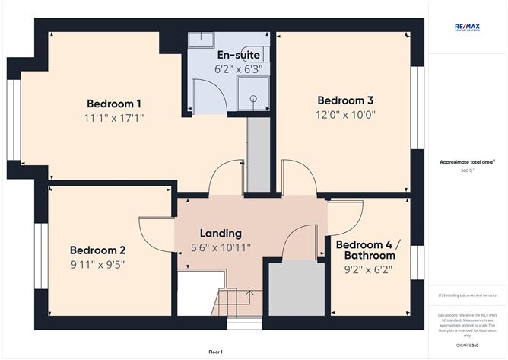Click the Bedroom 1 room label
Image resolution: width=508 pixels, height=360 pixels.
point(114,104)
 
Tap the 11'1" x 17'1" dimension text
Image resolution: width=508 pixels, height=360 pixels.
point(114,118)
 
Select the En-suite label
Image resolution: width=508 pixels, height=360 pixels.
point(238,56)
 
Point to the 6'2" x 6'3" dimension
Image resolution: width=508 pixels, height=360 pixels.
point(238,68)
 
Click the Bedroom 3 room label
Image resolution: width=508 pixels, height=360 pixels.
point(345,100)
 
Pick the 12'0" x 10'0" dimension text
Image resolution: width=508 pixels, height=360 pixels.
point(345,115)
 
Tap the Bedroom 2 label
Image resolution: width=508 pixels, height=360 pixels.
point(97,250)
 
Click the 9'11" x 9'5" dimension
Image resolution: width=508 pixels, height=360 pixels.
point(97,265)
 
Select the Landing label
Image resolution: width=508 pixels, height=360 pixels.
point(221,233)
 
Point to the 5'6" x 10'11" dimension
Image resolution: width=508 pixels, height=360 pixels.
point(221,247)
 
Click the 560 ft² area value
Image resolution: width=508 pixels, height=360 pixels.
point(467,171)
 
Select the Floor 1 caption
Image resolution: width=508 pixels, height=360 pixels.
point(215,352)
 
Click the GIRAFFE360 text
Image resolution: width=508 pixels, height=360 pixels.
point(467,344)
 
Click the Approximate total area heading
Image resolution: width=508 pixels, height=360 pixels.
point(467,161)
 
